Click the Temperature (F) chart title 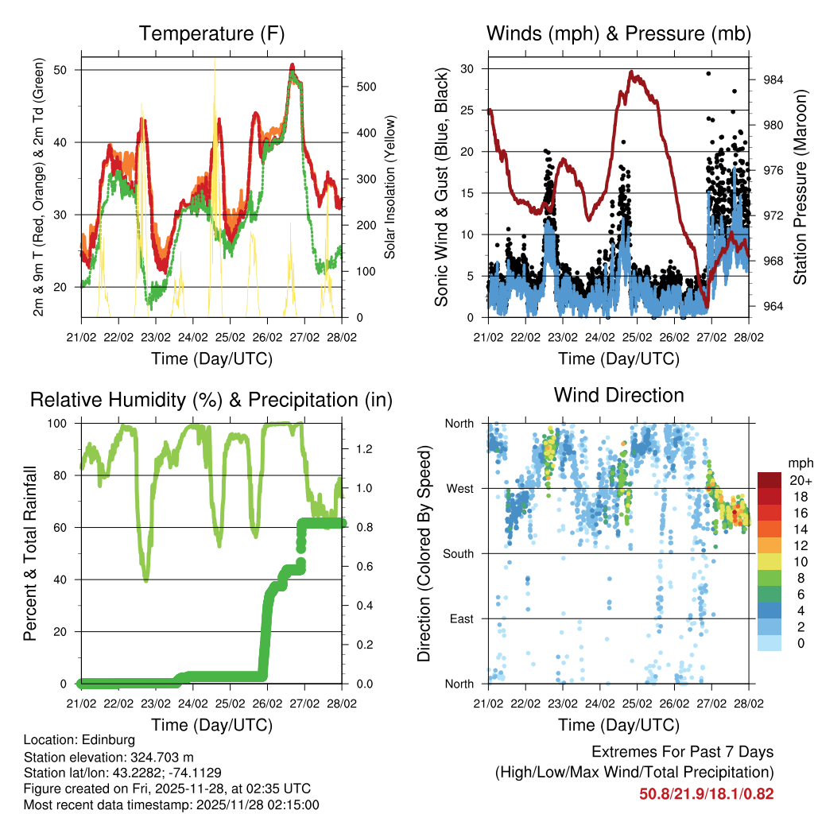(211, 33)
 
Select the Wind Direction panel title (618, 395)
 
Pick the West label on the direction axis (459, 488)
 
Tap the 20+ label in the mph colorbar (798, 480)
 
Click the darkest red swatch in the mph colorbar (769, 480)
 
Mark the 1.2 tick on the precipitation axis (359, 449)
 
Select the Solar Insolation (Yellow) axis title (390, 187)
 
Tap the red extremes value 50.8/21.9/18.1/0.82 (706, 793)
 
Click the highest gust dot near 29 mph (708, 73)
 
